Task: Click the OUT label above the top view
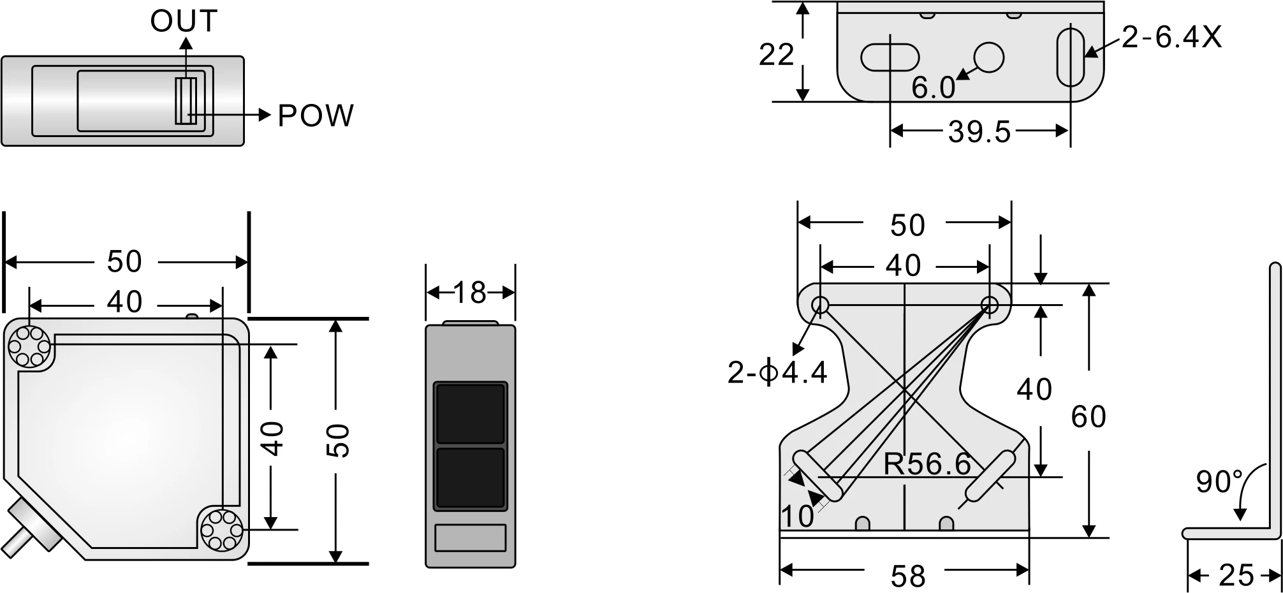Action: [x=184, y=21]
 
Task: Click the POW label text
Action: [x=315, y=116]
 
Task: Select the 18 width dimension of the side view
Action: [x=470, y=293]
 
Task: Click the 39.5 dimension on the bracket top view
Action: [x=979, y=132]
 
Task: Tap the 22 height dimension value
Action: [x=776, y=55]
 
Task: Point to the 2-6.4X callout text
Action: [x=1171, y=38]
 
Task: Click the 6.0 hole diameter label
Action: [x=933, y=88]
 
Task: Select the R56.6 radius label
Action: [x=927, y=464]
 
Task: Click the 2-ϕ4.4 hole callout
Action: [x=777, y=372]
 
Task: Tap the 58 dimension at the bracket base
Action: [x=907, y=576]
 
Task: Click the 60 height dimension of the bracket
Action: [x=1088, y=417]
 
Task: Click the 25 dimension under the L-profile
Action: [x=1236, y=576]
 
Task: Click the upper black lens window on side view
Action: [x=470, y=413]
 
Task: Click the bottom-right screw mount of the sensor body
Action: [x=222, y=529]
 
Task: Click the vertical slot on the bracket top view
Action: [x=1070, y=56]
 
